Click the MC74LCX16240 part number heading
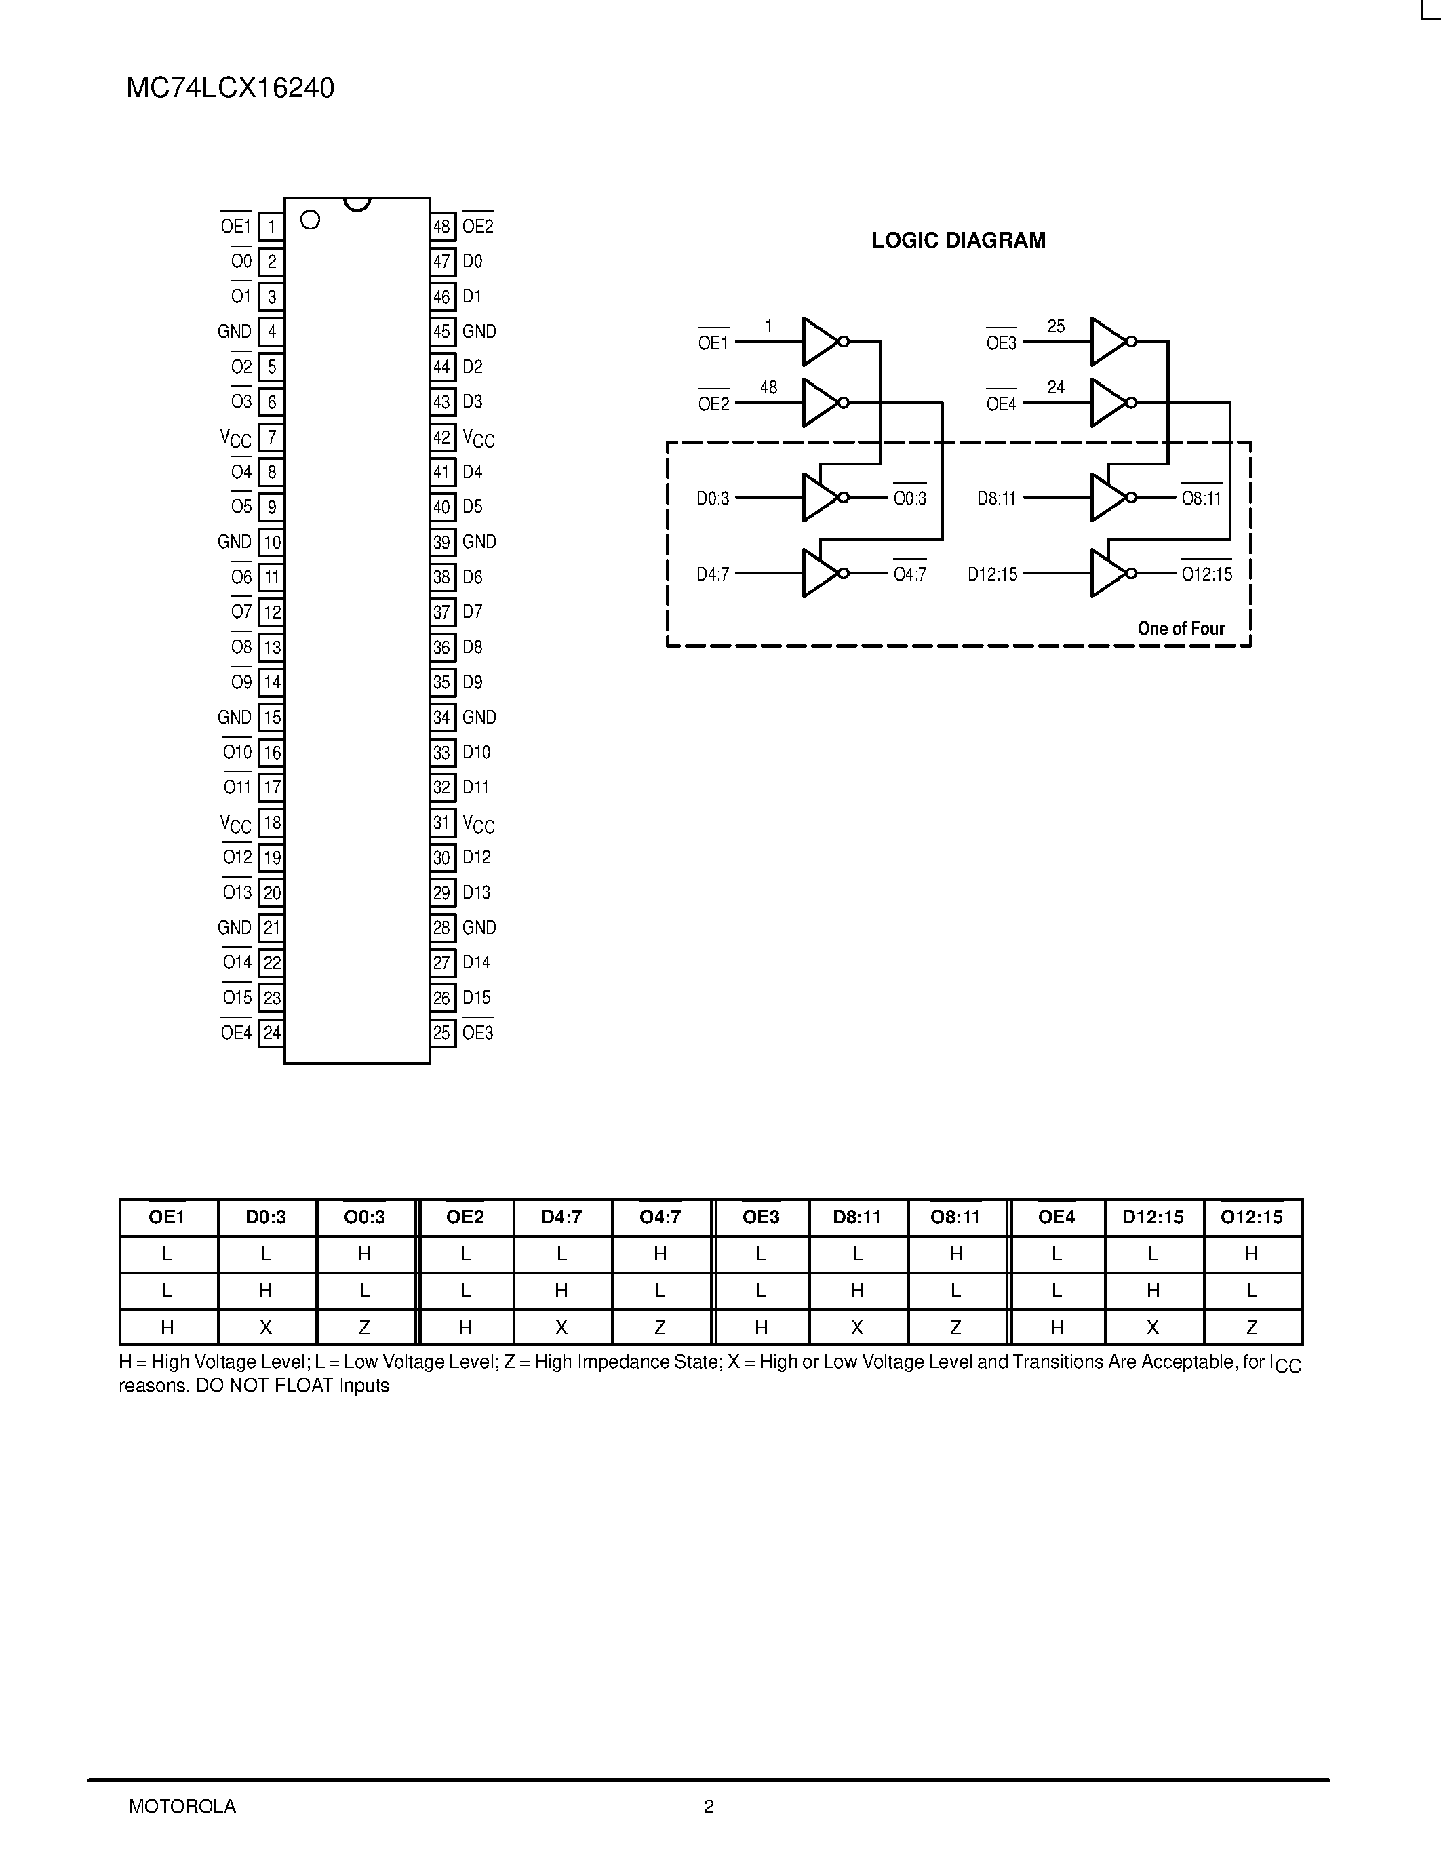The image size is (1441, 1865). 231,88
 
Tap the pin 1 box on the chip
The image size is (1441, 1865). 271,227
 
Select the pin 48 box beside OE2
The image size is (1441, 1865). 441,227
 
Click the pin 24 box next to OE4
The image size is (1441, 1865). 271,1032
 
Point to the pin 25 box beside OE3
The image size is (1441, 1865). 441,1032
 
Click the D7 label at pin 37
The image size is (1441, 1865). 472,612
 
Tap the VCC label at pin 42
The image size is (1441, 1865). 478,438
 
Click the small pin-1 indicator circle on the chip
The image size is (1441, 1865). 311,220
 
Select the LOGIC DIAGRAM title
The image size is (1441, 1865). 958,241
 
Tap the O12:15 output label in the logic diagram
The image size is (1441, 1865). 1207,574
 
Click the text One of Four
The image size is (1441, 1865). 1181,629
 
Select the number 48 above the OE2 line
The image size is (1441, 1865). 768,388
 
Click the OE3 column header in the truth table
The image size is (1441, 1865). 761,1217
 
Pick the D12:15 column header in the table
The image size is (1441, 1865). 1152,1217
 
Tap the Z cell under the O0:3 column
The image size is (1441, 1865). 365,1327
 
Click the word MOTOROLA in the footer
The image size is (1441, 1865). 182,1823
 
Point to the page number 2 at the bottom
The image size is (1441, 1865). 709,1823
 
